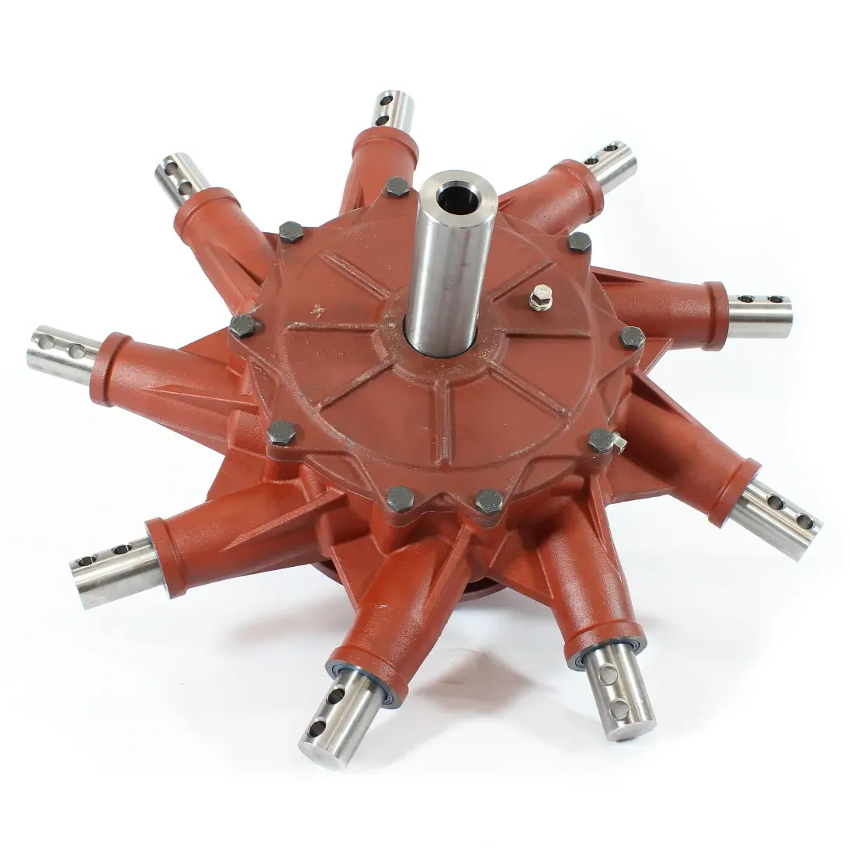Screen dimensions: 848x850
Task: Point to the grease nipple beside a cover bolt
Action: coord(618,443)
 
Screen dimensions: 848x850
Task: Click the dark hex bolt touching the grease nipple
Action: coord(600,440)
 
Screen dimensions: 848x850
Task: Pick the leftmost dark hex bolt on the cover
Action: coord(243,325)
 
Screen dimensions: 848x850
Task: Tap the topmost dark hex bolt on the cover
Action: coord(397,186)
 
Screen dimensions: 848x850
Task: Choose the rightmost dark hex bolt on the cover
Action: coord(632,337)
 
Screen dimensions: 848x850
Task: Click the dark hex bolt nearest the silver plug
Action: coord(578,242)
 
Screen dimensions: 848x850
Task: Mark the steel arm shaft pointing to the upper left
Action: coord(180,176)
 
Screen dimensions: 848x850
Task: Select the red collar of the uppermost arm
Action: coord(386,145)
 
